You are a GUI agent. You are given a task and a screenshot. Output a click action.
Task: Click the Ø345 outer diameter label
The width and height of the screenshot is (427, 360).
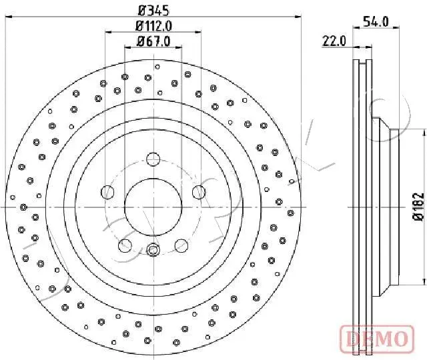[153, 11]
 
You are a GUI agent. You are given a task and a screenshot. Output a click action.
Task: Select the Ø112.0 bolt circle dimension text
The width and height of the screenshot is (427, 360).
[154, 27]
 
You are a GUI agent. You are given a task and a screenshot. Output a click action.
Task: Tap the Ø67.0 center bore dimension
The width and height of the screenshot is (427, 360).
[154, 41]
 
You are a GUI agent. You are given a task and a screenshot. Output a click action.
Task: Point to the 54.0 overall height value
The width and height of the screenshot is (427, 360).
[377, 21]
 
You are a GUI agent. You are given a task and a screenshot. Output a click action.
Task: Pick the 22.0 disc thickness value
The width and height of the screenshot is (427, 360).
[334, 41]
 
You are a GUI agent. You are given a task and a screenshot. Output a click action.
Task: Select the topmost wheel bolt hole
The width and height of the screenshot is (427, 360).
[153, 159]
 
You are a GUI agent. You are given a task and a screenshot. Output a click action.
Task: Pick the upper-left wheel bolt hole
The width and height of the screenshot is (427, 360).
[107, 193]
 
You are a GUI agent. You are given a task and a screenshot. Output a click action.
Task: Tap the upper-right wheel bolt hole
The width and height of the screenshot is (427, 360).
[198, 193]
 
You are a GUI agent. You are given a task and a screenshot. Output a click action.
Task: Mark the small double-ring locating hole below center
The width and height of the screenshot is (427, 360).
[153, 251]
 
